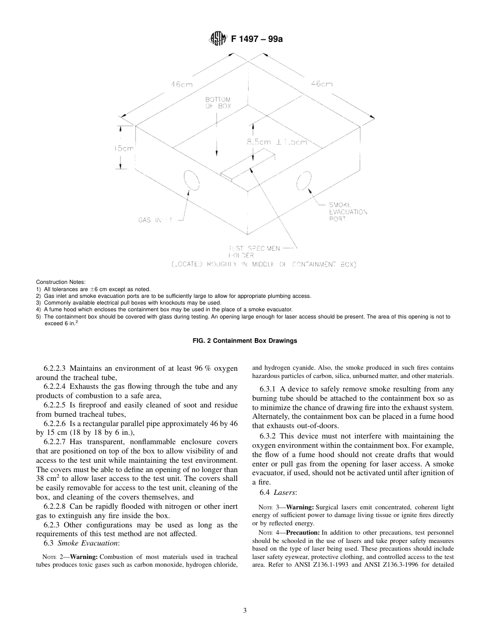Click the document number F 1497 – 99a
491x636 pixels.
point(253,39)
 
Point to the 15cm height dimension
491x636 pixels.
point(124,148)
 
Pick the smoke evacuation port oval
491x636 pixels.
point(303,183)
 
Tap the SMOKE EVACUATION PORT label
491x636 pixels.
point(348,211)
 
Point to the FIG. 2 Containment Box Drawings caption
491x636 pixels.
point(245,341)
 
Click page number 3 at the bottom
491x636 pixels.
point(245,610)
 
